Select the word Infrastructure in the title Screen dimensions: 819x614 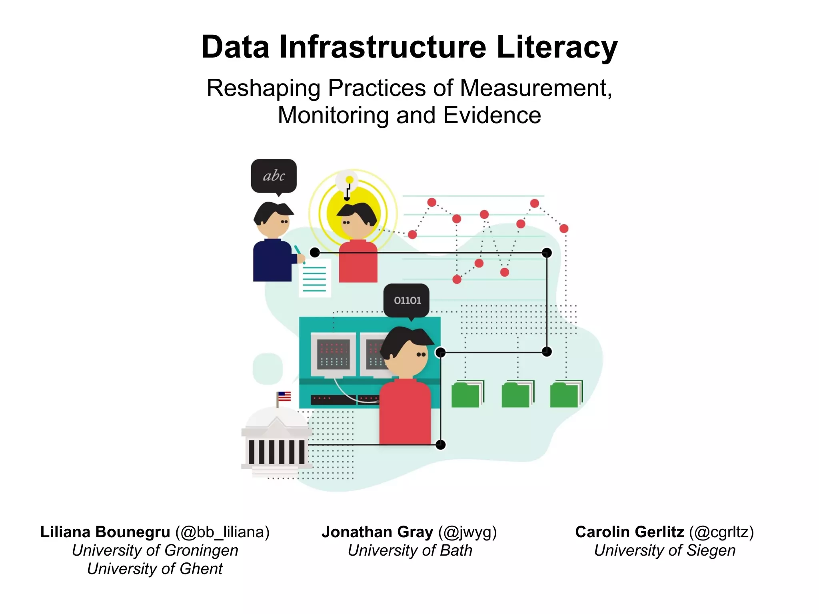tap(383, 47)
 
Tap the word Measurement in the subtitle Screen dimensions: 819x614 tap(535, 88)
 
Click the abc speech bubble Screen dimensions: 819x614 tap(274, 176)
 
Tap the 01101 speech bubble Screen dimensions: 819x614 tap(407, 300)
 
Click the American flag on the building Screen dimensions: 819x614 tap(284, 397)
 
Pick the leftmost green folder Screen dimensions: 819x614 tap(467, 395)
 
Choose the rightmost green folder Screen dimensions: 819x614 tap(565, 395)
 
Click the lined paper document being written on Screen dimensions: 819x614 tap(315, 278)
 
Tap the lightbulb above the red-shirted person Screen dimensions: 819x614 tap(349, 182)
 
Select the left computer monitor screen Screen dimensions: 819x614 tap(333, 355)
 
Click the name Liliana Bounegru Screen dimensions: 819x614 tap(105, 532)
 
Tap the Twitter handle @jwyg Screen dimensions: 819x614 tap(467, 532)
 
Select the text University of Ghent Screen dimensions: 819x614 tap(155, 569)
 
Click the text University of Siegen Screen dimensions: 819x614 tap(664, 550)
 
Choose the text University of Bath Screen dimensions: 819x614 tap(409, 550)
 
